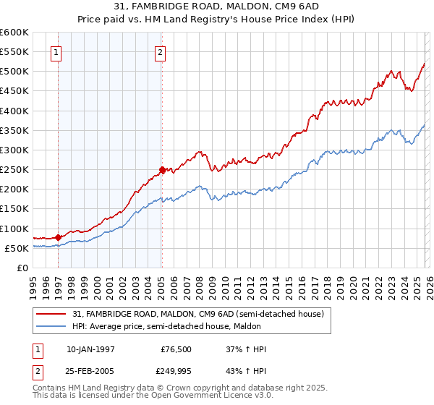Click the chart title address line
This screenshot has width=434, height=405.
(217, 7)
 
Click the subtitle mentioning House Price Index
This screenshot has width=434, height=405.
(217, 19)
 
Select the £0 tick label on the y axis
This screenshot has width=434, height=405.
(23, 268)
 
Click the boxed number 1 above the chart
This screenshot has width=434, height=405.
(56, 51)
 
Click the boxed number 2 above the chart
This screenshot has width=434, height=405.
(160, 51)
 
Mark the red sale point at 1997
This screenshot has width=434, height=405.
(59, 237)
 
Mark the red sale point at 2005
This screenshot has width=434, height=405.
(162, 170)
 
